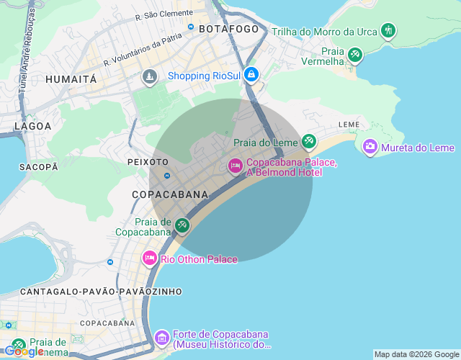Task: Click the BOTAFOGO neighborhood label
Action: click(228, 29)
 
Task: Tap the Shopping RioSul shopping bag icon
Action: click(251, 74)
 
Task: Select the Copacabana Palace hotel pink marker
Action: click(235, 166)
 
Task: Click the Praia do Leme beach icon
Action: click(309, 141)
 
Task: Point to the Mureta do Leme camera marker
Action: click(370, 147)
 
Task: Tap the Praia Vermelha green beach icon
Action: click(354, 55)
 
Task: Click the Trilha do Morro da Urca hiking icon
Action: click(389, 30)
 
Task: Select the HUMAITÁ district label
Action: click(71, 79)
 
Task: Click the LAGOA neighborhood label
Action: click(33, 126)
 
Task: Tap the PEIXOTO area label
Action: click(148, 162)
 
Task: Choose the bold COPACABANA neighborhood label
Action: click(170, 194)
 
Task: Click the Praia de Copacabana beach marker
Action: click(182, 226)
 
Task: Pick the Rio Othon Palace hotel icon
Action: click(150, 258)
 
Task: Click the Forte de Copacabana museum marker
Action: click(162, 337)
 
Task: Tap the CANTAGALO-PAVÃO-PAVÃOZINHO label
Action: click(102, 292)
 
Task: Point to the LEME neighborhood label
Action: click(349, 125)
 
